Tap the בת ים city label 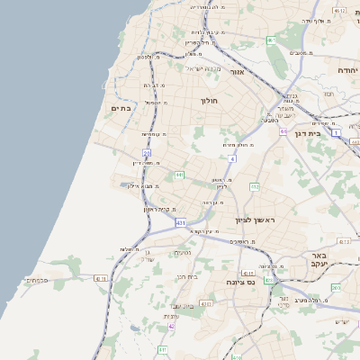pyautogui.click(x=121, y=108)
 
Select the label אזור pyautogui.click(x=238, y=71)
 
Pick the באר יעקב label pyautogui.click(x=317, y=260)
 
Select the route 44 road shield pyautogui.click(x=283, y=132)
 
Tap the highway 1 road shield pyautogui.click(x=336, y=132)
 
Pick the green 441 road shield pyautogui.click(x=180, y=175)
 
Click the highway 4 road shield pyautogui.click(x=232, y=158)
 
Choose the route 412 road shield pyautogui.click(x=255, y=186)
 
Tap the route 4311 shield pyautogui.click(x=206, y=304)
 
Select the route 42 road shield pyautogui.click(x=172, y=326)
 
